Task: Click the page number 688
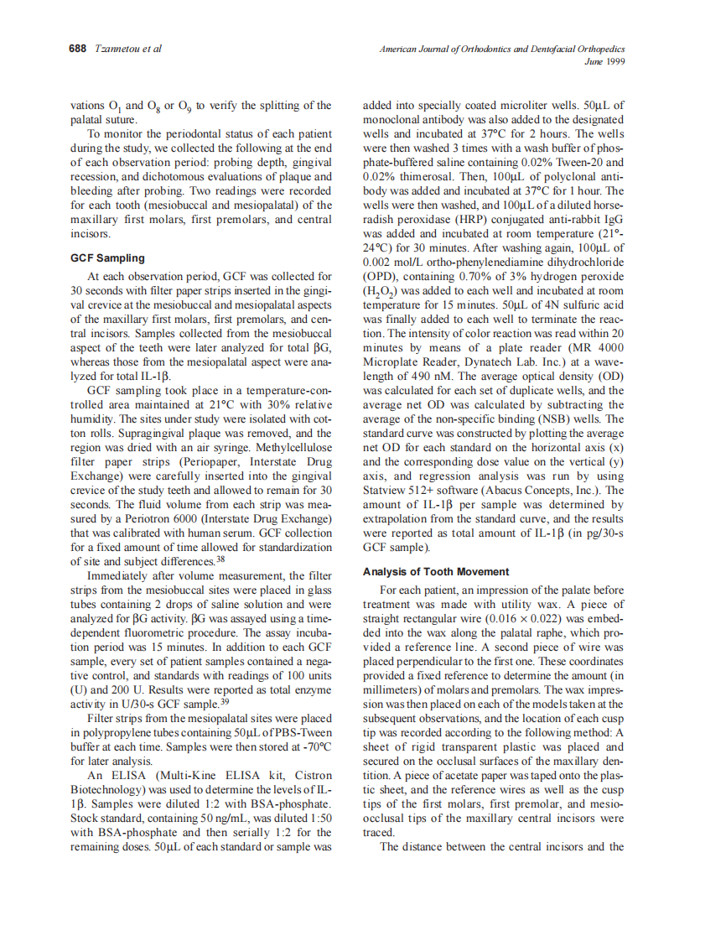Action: point(77,49)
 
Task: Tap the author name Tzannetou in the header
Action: point(117,49)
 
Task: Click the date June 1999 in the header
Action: point(604,61)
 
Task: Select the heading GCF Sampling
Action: point(108,257)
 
